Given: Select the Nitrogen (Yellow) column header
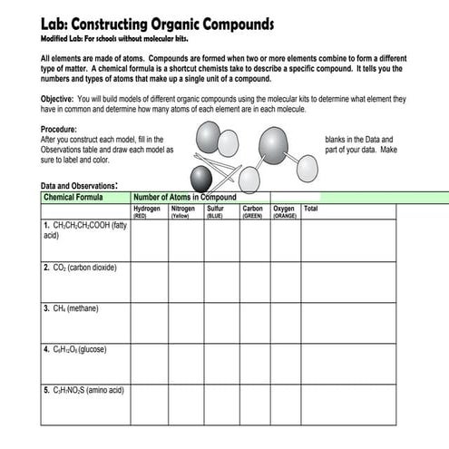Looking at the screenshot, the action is (x=184, y=211).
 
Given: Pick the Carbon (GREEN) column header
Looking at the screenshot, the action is (x=252, y=211).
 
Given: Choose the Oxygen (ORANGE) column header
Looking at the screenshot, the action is (x=285, y=211).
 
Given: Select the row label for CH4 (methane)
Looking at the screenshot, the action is (x=71, y=308).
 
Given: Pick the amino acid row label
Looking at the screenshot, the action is (x=83, y=390).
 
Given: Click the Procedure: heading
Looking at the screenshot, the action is (x=59, y=129).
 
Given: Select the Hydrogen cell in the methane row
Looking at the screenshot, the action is (x=149, y=322).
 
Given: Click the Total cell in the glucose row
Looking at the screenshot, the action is (x=349, y=363).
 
